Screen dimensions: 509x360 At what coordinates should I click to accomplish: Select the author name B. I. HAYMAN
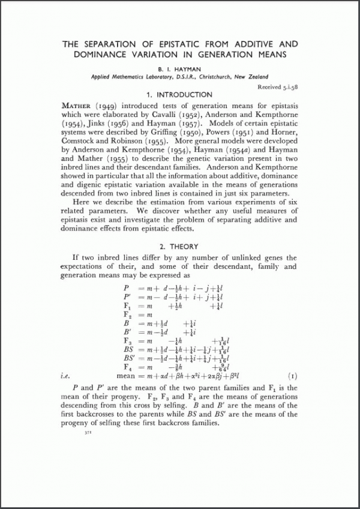tap(179, 68)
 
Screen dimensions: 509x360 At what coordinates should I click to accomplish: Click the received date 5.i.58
tap(285, 87)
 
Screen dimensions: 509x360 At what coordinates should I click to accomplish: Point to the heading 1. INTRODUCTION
tap(179, 95)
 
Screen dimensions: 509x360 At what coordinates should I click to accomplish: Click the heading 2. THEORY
tap(179, 247)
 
